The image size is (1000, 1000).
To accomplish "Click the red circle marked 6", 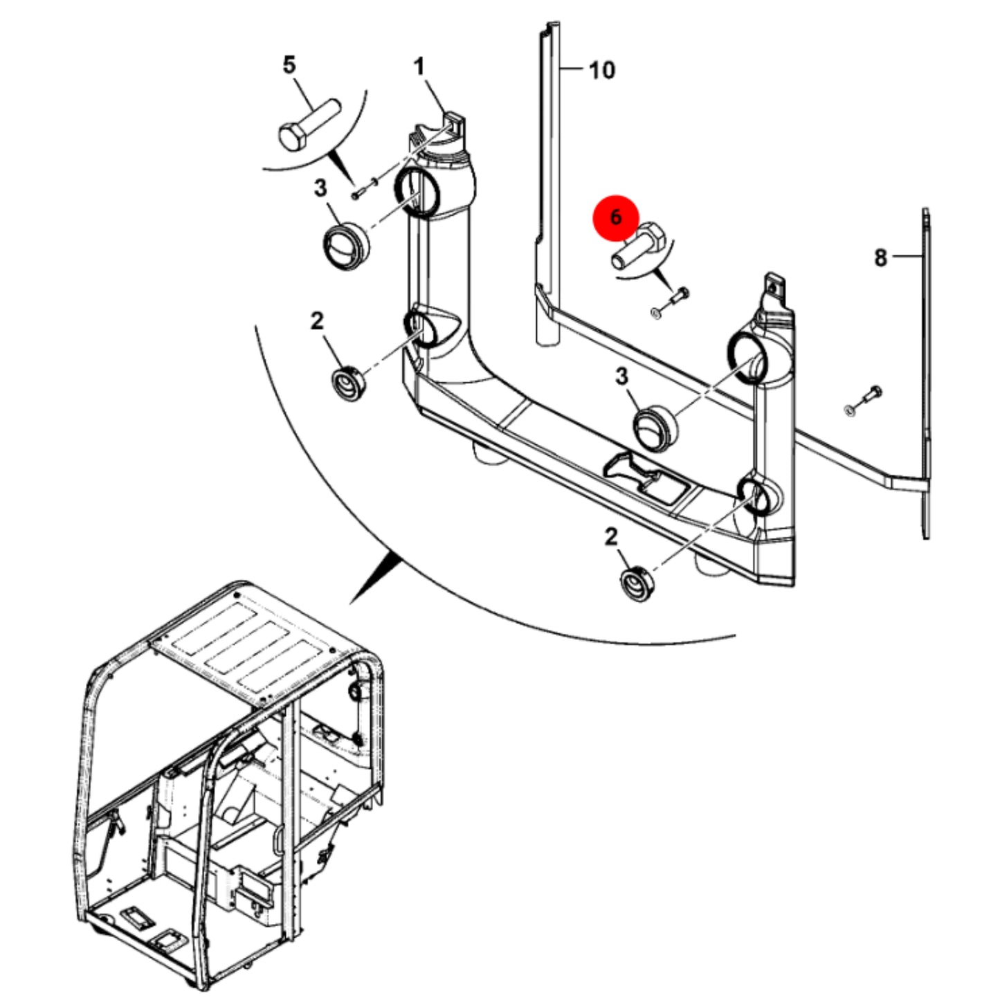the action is pos(616,218).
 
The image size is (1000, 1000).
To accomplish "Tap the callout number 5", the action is pos(289,65).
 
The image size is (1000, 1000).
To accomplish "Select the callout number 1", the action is pos(419,67).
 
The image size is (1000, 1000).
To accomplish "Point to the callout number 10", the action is pos(602,70).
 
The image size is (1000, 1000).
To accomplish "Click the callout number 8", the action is pos(881,258).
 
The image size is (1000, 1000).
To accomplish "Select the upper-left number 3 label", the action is pos(320,188).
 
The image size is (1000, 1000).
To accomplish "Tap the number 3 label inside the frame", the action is pos(621,376).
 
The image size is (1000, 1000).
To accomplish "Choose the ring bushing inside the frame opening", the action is pos(655,426).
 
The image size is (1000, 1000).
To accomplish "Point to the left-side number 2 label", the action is pos(317,321).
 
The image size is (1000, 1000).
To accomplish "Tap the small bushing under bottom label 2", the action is pos(638,585).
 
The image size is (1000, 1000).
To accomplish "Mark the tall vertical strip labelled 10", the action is pos(548,184).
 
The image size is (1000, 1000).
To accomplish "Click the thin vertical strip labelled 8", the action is pos(927,374).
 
